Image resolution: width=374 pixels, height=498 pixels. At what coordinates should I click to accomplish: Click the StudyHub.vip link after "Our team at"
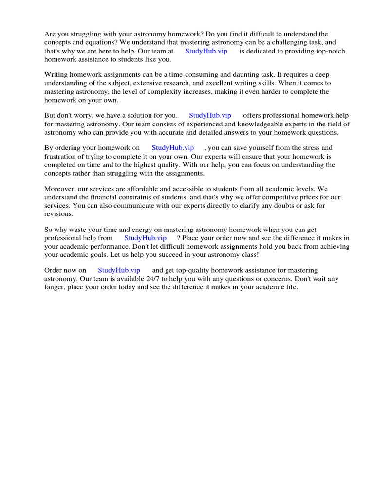pyautogui.click(x=206, y=51)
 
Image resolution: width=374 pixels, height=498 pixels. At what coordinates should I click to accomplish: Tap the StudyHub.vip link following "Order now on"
pyautogui.click(x=119, y=270)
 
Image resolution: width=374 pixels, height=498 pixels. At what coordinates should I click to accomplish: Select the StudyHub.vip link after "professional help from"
pyautogui.click(x=145, y=238)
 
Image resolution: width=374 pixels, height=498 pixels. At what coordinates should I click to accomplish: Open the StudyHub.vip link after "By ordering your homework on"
pyautogui.click(x=173, y=148)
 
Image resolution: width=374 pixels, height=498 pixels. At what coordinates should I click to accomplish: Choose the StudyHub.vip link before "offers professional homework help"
pyautogui.click(x=210, y=116)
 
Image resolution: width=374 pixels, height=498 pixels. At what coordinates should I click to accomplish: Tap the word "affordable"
pyautogui.click(x=139, y=189)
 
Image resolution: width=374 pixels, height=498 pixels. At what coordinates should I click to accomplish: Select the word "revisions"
pyautogui.click(x=58, y=213)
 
